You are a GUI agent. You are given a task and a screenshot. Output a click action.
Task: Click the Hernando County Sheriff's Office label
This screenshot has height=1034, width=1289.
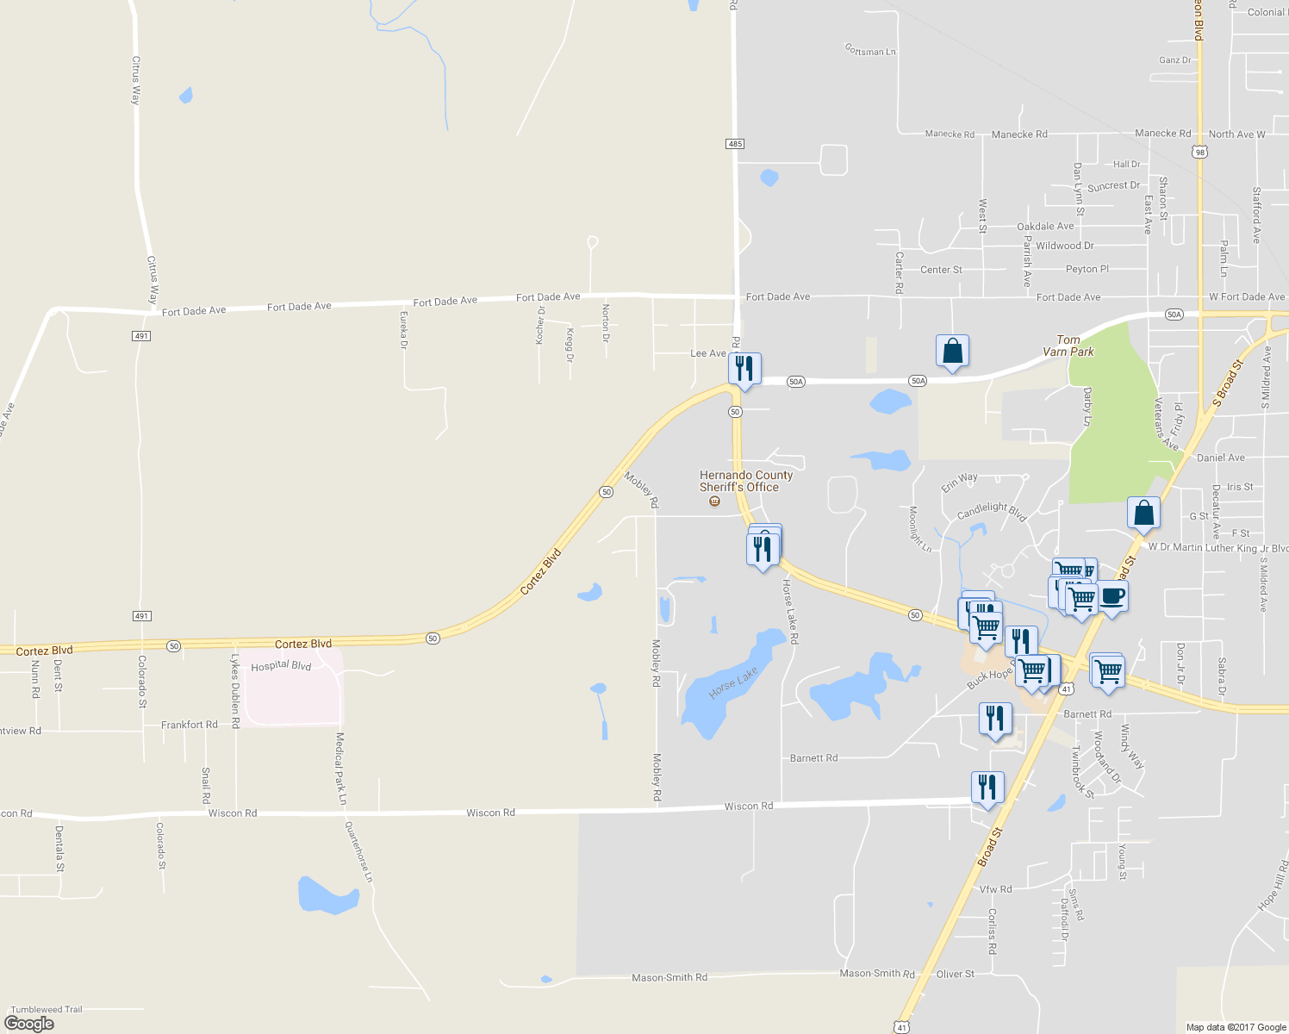coord(745,481)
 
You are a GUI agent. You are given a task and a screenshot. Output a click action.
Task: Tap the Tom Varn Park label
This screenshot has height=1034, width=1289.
coord(1068,346)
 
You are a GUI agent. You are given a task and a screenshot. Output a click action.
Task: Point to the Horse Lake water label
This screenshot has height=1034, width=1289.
coord(733,682)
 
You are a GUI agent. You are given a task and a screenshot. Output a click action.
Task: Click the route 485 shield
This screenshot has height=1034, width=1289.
coord(735,144)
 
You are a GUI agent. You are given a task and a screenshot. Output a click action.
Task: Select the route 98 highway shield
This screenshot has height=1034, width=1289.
coord(1199,153)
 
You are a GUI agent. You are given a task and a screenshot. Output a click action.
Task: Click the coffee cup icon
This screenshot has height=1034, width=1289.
coord(1112,596)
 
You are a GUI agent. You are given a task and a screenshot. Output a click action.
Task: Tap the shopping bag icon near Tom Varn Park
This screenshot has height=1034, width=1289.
coord(952,352)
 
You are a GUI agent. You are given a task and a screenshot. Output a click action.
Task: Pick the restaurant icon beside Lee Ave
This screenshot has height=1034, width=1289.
coord(744,368)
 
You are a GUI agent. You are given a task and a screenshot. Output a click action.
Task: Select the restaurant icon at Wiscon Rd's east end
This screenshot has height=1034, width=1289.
coord(987,788)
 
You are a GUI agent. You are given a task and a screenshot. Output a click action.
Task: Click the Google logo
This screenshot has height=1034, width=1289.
coord(29,1023)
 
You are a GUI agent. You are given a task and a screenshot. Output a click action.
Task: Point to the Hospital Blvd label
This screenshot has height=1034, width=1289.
coord(281,666)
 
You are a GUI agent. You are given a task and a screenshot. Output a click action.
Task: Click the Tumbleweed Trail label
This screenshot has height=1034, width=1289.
coord(47,1009)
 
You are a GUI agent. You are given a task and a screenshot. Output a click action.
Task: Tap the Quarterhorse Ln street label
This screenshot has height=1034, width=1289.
coord(359,851)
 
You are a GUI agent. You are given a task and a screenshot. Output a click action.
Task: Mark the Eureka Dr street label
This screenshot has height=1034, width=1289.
coord(403,331)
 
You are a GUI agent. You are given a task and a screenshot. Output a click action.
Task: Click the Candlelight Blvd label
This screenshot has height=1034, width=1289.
coord(992,511)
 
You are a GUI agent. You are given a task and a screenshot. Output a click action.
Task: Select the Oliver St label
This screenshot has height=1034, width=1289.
coord(956,974)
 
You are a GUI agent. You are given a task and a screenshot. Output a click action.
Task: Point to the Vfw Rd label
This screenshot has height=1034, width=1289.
coord(995,888)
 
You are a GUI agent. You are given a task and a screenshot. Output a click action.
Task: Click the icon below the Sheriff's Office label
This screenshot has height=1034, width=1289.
coord(714,501)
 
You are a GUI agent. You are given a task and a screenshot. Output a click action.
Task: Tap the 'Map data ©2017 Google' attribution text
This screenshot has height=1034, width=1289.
coord(1236,1026)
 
